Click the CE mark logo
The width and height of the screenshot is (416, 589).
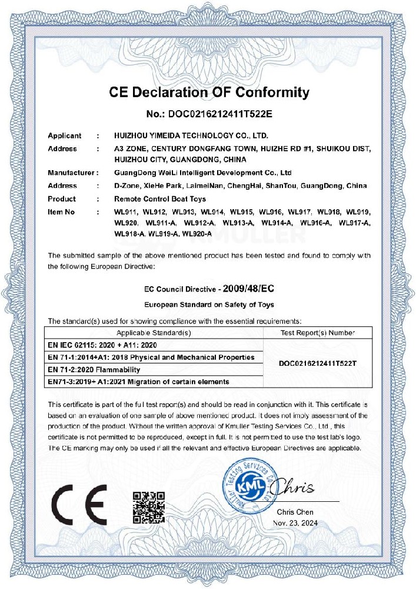(x=79, y=505)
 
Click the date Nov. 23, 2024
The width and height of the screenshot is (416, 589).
(x=295, y=522)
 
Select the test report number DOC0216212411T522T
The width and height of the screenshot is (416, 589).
(x=318, y=363)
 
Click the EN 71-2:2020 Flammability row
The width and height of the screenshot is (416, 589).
(x=94, y=369)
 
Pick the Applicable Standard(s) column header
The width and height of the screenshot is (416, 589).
(x=154, y=333)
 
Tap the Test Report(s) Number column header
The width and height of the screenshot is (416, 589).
(x=318, y=333)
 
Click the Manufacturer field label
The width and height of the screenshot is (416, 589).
(x=71, y=173)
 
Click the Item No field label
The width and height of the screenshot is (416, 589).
(x=62, y=211)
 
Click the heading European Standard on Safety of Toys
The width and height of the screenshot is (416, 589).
(x=209, y=304)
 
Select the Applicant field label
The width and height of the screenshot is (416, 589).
(x=65, y=136)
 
